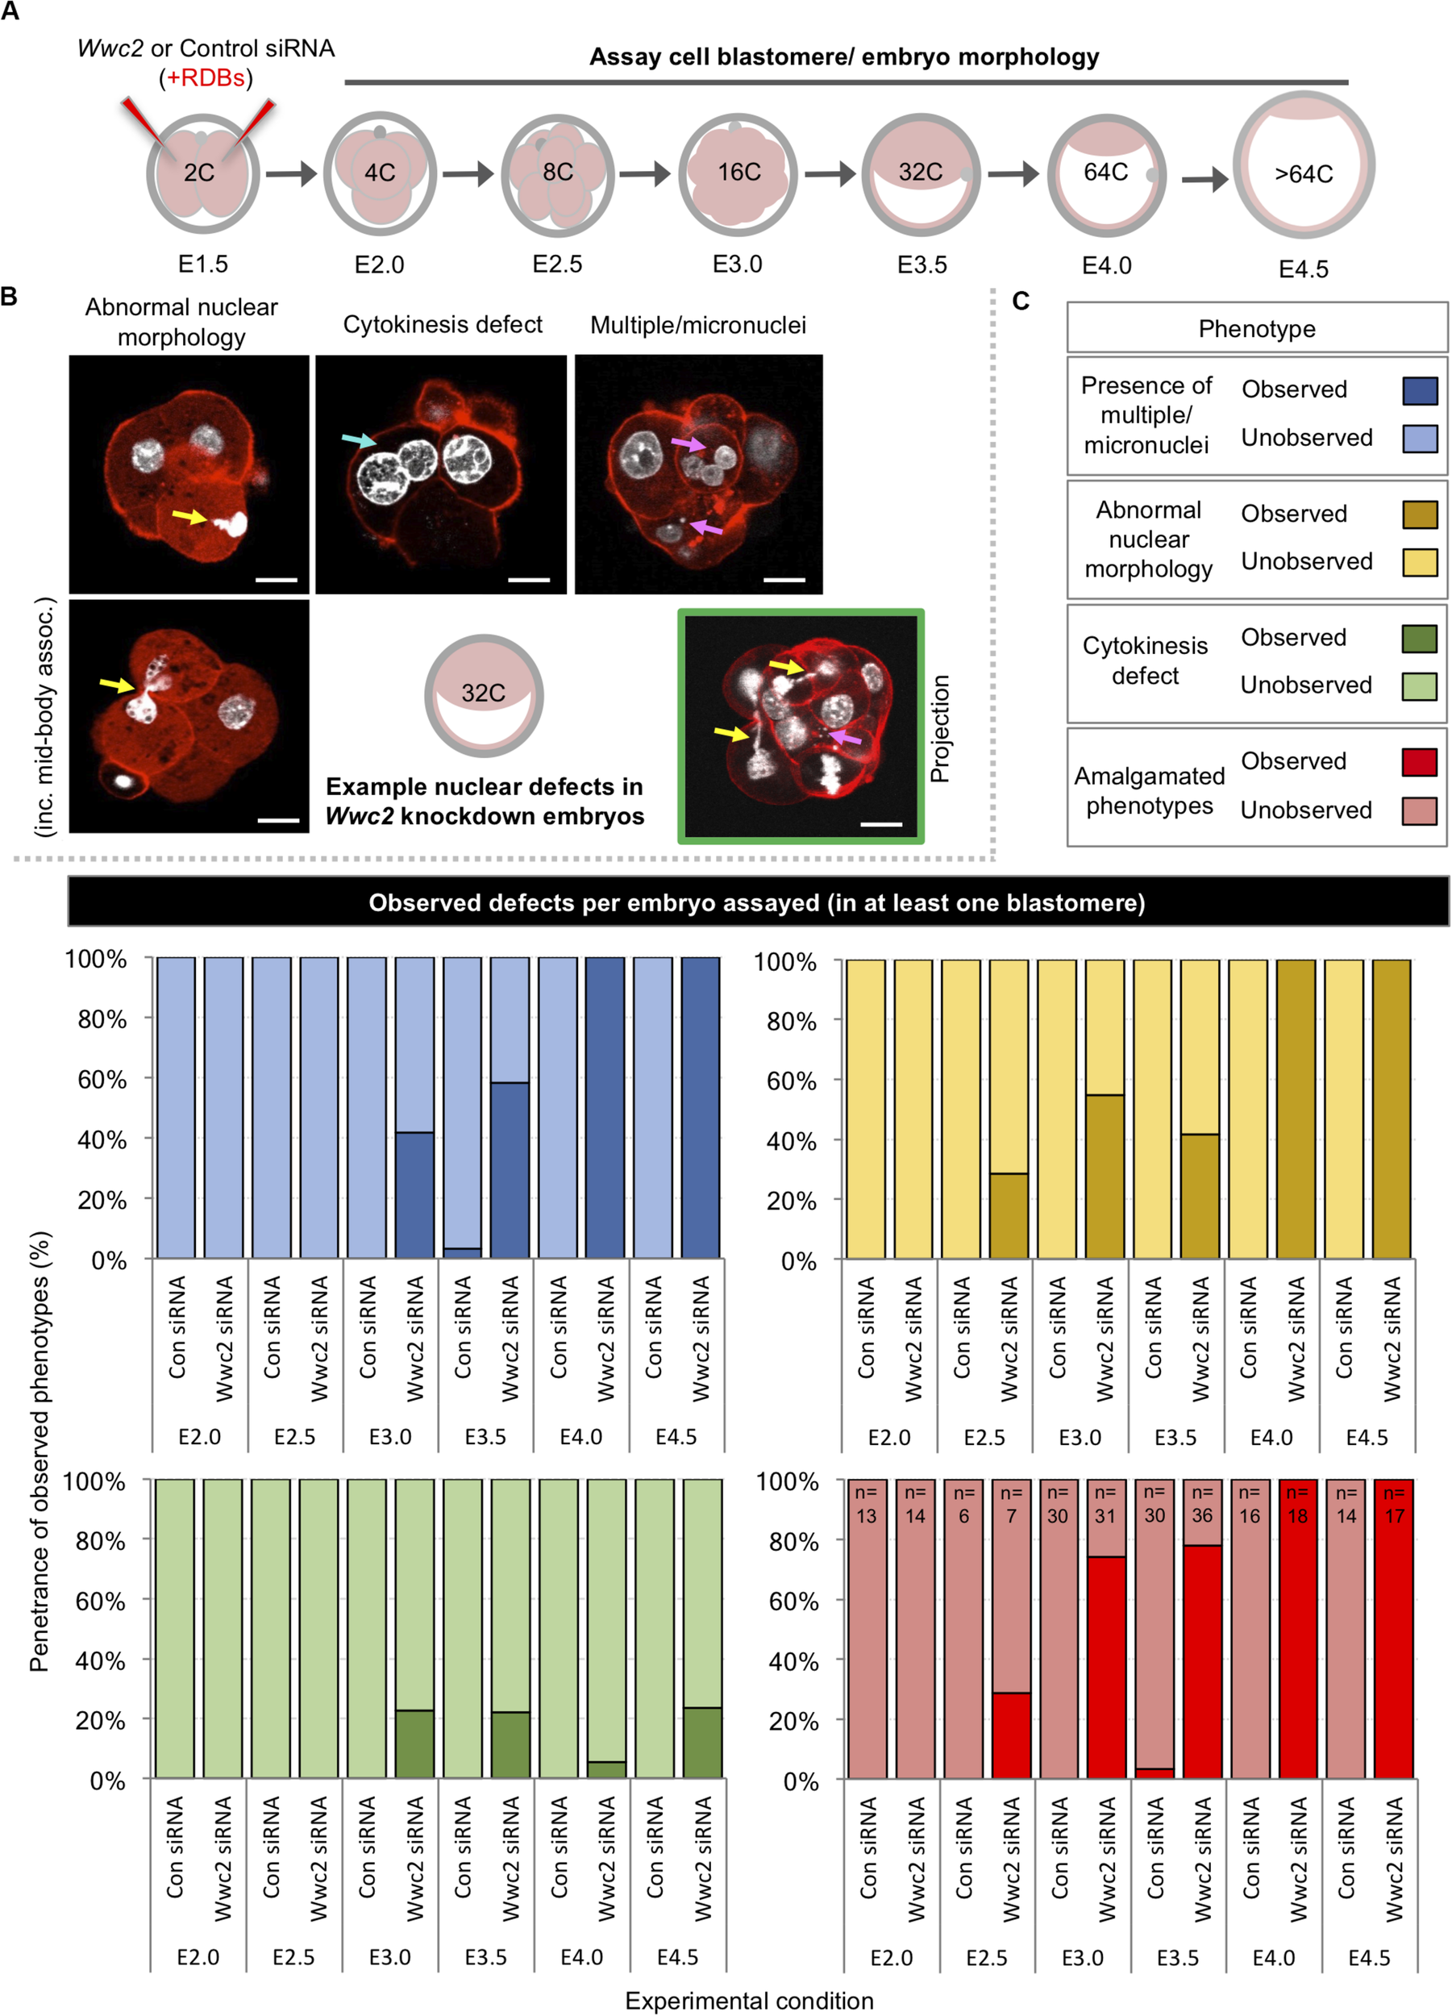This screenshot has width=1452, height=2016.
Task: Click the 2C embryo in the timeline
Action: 202,173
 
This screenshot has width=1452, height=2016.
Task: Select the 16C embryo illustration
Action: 737,173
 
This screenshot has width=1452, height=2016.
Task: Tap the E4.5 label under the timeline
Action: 1303,269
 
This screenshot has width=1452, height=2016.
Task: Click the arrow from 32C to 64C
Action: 1013,173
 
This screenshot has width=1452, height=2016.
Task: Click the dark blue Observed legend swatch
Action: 1419,390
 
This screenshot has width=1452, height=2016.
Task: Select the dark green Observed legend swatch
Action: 1419,638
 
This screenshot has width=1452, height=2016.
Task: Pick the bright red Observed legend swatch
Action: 1419,762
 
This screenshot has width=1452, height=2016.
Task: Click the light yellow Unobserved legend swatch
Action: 1419,562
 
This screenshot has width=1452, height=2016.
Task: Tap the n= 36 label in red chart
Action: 1201,1504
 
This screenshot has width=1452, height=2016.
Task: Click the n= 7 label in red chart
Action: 1011,1504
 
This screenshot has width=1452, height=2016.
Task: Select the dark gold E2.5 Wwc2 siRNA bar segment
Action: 1009,1215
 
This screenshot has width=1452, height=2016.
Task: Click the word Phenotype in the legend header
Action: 1257,329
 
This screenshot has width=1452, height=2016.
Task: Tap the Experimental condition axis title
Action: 749,2000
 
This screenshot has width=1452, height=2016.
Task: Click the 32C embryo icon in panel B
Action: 484,694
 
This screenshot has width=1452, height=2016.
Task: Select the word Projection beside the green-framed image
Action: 940,729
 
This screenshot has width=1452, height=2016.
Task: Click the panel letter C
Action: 1021,302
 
